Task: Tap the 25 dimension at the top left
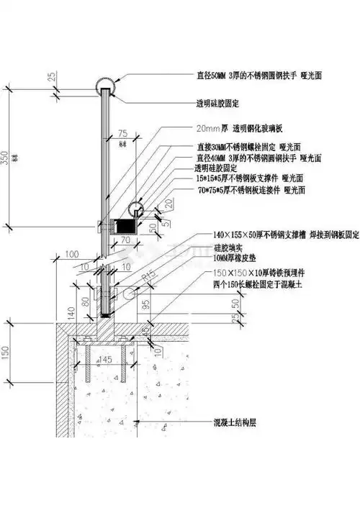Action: click(53, 77)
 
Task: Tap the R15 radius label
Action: click(148, 277)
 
